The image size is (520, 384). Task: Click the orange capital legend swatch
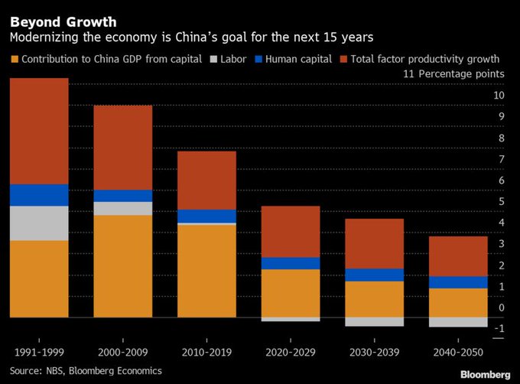click(x=15, y=58)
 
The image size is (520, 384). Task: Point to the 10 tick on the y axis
click(x=499, y=96)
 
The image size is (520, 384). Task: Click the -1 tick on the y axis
click(x=499, y=329)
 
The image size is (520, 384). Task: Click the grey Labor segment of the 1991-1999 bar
click(x=39, y=223)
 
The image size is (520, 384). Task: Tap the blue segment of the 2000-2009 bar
click(x=122, y=196)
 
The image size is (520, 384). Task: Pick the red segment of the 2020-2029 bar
click(x=290, y=232)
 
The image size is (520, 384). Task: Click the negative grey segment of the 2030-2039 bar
click(x=374, y=322)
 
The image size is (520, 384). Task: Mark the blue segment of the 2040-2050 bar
click(x=457, y=282)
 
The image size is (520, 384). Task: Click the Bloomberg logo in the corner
click(x=485, y=374)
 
